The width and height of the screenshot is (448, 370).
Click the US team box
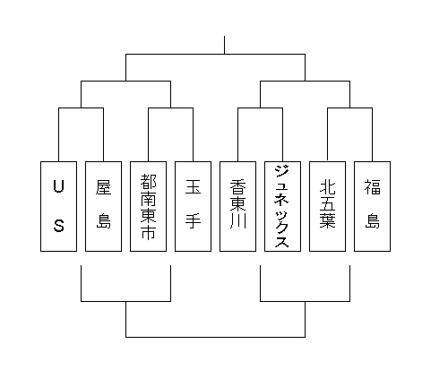[58, 206]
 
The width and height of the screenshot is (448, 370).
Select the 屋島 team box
[103, 206]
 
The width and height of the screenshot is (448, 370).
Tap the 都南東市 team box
[148, 206]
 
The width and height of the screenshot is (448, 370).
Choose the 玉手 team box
[193, 206]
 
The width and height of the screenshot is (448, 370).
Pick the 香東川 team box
[237, 206]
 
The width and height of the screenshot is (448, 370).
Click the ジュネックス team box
[282, 206]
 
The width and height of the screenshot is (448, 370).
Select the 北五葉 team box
[327, 206]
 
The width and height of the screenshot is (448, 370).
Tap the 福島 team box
[372, 206]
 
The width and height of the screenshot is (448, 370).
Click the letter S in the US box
[59, 226]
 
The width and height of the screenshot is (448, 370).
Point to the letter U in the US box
[58, 186]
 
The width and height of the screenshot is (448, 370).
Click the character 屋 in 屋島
[103, 187]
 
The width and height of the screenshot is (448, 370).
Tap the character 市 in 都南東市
[148, 231]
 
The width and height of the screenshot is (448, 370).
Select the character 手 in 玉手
[193, 221]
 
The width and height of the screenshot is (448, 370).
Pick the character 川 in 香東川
[237, 221]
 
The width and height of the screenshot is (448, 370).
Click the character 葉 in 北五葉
[327, 220]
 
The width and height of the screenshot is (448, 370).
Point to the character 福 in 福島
[372, 187]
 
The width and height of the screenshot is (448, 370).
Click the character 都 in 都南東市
[148, 181]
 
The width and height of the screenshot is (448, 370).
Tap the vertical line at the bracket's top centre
[224, 45]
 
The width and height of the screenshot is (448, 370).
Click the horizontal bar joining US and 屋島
[81, 108]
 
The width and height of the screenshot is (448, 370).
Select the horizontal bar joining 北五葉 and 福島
[349, 108]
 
